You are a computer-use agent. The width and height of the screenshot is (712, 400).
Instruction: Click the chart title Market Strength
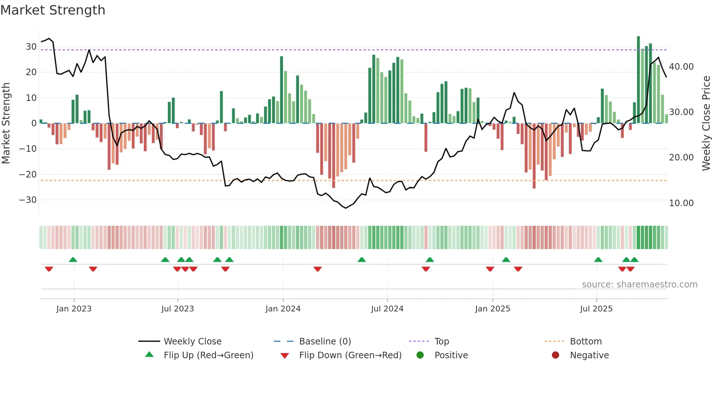click(x=53, y=10)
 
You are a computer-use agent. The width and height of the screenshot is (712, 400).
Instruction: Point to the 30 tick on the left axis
click(x=31, y=47)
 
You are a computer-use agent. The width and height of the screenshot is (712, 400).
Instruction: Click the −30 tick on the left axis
click(x=28, y=200)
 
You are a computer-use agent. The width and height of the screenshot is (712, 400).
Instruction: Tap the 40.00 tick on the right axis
click(x=681, y=67)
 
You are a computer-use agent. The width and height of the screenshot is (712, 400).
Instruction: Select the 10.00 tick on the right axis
click(x=681, y=203)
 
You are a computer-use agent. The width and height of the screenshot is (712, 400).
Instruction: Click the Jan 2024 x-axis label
click(x=283, y=309)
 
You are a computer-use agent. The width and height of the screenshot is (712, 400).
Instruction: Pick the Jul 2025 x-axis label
click(x=596, y=309)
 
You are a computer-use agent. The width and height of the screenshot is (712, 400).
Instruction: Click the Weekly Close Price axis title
click(x=706, y=123)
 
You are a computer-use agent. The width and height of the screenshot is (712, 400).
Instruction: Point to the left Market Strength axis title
click(x=6, y=123)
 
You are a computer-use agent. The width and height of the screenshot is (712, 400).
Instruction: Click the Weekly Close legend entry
click(x=192, y=342)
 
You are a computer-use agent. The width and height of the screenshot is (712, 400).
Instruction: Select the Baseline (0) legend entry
click(x=325, y=342)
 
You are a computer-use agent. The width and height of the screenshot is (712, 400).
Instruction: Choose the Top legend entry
click(x=441, y=342)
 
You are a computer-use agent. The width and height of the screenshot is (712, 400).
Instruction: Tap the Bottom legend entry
click(x=586, y=342)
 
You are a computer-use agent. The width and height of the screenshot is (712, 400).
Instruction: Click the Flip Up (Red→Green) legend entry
click(x=208, y=355)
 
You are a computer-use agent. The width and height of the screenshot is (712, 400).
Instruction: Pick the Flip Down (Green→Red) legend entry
click(x=350, y=355)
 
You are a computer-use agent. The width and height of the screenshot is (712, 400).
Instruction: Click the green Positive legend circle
click(x=420, y=355)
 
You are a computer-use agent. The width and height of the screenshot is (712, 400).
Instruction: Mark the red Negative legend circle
click(x=555, y=355)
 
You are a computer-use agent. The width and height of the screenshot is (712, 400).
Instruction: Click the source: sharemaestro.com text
click(x=639, y=285)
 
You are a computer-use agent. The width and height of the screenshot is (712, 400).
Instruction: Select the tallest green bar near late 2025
click(x=638, y=80)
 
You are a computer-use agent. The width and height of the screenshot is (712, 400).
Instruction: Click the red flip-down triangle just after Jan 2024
click(x=317, y=269)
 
